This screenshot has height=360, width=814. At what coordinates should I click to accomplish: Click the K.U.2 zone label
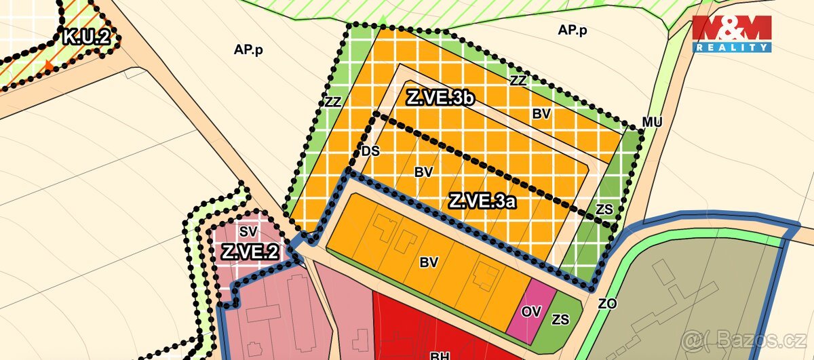pyautogui.click(x=86, y=37)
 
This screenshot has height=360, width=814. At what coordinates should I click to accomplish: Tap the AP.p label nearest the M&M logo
pyautogui.click(x=572, y=30)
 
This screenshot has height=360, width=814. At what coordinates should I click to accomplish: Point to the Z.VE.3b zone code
pyautogui.click(x=440, y=98)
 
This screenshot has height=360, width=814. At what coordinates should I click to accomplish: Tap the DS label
pyautogui.click(x=370, y=151)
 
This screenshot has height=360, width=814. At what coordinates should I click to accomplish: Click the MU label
pyautogui.click(x=652, y=122)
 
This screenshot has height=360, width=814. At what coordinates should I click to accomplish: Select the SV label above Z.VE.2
pyautogui.click(x=248, y=231)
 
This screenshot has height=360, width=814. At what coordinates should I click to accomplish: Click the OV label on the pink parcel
pyautogui.click(x=531, y=312)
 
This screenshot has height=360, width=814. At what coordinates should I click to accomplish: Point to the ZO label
pyautogui.click(x=607, y=304)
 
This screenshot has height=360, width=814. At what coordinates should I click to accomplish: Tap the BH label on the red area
pyautogui.click(x=440, y=355)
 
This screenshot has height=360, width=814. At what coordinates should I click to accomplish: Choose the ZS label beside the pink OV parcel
pyautogui.click(x=561, y=319)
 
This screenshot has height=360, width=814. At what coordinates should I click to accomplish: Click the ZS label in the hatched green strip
pyautogui.click(x=604, y=209)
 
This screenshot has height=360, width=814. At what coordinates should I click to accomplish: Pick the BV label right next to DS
pyautogui.click(x=423, y=172)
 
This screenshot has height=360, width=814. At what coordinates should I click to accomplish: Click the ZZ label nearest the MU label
pyautogui.click(x=518, y=80)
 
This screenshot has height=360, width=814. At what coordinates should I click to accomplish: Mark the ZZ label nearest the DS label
pyautogui.click(x=332, y=102)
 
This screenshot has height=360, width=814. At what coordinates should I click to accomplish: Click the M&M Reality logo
pyautogui.click(x=731, y=33)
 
